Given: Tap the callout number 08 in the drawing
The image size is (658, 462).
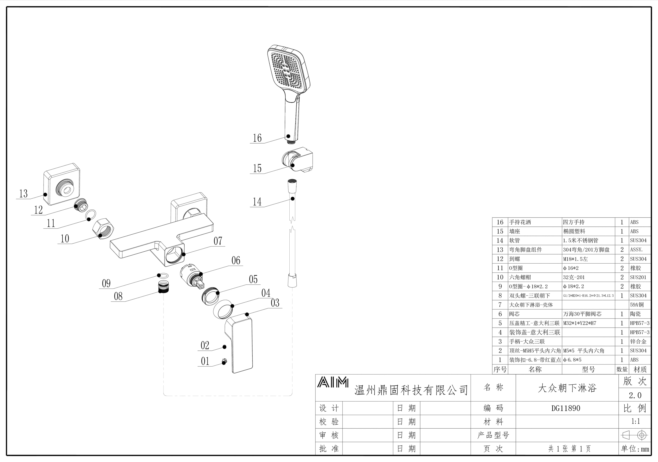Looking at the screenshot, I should pyautogui.click(x=118, y=296).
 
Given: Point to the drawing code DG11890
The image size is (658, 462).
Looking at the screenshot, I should pyautogui.click(x=566, y=408).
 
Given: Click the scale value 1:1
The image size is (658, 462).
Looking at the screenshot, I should pyautogui.click(x=635, y=421).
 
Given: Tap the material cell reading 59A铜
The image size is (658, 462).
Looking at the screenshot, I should pyautogui.click(x=637, y=305).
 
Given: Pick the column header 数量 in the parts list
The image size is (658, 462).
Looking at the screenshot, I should pyautogui.click(x=622, y=369).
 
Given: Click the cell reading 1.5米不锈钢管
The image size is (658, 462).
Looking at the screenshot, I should pyautogui.click(x=580, y=240).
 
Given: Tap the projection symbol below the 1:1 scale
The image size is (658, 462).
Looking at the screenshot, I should pyautogui.click(x=635, y=435).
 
